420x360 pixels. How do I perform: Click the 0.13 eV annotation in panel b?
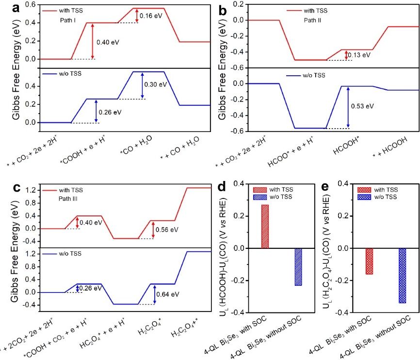pos(360,55)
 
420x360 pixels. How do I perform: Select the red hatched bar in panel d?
pos(265,226)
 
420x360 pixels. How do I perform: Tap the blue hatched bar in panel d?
pos(298,267)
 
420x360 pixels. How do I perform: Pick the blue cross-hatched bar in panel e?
pos(403,276)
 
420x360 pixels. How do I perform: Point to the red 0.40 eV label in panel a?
pos(108,42)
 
